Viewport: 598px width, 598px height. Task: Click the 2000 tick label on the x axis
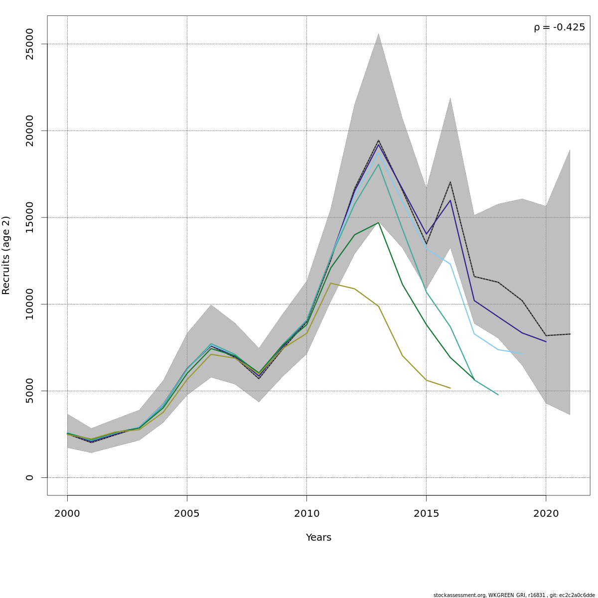click(67, 514)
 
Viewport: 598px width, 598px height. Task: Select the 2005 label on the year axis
click(187, 514)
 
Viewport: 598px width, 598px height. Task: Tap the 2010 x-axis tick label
click(306, 514)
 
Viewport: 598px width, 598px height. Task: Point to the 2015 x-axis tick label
click(426, 514)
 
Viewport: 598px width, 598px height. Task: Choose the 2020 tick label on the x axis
click(546, 514)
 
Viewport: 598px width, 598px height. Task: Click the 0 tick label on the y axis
click(30, 477)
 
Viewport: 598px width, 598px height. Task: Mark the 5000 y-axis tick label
click(30, 391)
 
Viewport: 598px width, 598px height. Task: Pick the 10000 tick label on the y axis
click(30, 304)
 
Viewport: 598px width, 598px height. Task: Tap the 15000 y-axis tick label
click(30, 217)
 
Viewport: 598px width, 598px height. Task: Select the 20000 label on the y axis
click(30, 131)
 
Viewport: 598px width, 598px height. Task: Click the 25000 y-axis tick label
click(30, 44)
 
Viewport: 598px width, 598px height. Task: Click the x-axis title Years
click(318, 538)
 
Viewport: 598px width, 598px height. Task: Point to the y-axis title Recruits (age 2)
click(6, 255)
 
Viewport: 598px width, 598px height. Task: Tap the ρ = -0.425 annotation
click(559, 27)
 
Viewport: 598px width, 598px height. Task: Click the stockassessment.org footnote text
click(514, 595)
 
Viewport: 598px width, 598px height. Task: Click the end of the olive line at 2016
click(450, 388)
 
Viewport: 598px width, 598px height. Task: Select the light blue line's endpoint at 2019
click(522, 353)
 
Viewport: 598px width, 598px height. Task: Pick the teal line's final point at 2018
click(498, 395)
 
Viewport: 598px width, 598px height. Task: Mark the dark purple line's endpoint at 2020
click(546, 341)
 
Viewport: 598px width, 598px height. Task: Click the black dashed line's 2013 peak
click(378, 141)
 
